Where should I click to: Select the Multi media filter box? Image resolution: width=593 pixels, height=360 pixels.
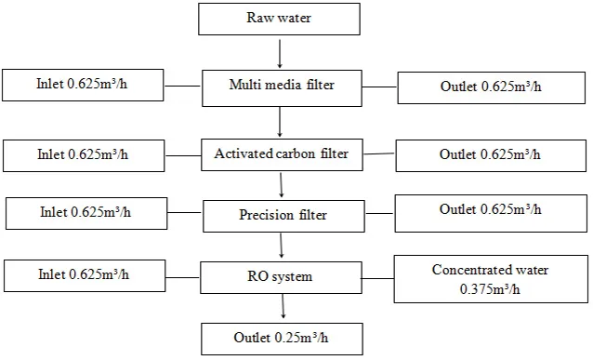pyautogui.click(x=281, y=87)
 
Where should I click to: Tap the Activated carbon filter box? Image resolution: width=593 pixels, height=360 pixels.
pyautogui.click(x=281, y=153)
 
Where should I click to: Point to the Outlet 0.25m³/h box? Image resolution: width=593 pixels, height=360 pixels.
pyautogui.click(x=281, y=337)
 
